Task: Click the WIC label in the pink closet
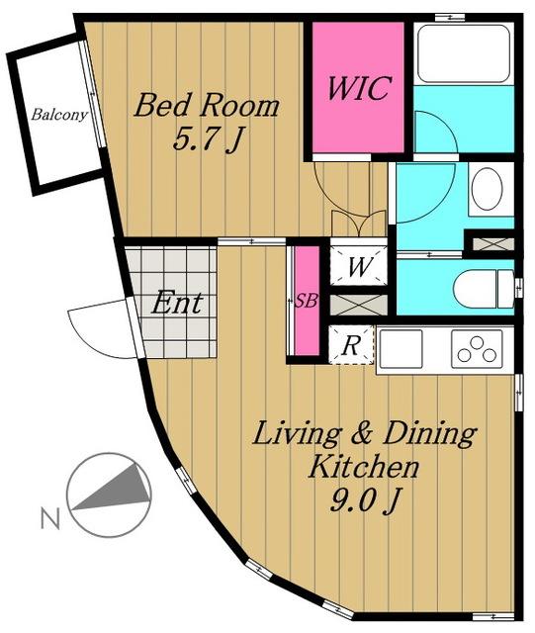pos(359,88)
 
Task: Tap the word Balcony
pos(59,115)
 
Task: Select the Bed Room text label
pos(207,106)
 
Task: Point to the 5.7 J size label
pos(207,139)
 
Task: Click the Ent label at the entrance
pos(176,303)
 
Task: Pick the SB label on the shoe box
pos(306,301)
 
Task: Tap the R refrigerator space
pos(351,345)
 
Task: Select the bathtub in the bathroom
pos(464,53)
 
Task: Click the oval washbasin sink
pos(487,189)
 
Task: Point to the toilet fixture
pos(483,289)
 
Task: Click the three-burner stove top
pos(477,349)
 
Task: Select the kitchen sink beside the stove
pos(401,349)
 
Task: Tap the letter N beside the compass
pos(50,518)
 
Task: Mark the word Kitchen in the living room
pos(363,467)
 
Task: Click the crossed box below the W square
pos(359,305)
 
